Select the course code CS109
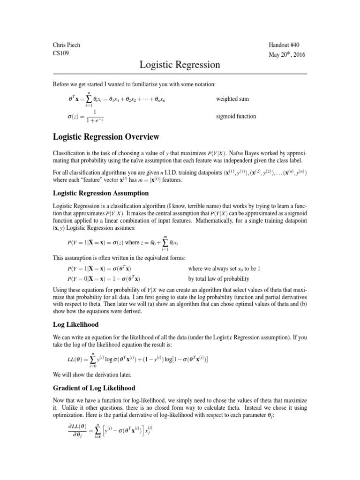[60, 53]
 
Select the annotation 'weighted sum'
[232, 99]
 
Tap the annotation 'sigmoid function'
[236, 116]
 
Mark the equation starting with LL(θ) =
[138, 359]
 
